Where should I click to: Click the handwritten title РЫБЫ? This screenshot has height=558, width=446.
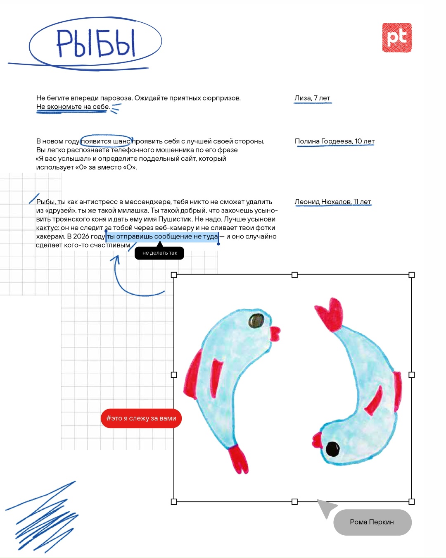click(96, 43)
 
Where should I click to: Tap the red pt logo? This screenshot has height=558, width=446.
click(397, 38)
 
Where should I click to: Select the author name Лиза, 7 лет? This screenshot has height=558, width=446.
click(312, 98)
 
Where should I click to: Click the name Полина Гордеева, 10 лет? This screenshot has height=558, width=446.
click(334, 141)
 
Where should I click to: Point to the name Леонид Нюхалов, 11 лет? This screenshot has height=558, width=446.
click(333, 202)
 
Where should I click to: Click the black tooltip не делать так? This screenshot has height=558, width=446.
click(159, 253)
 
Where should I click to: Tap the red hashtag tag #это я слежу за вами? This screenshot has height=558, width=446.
click(141, 418)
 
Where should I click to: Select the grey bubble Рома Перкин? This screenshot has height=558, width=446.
click(372, 522)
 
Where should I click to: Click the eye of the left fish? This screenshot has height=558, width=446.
click(256, 320)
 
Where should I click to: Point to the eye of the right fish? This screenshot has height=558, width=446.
click(332, 448)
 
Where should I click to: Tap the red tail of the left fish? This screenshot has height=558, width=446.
click(239, 459)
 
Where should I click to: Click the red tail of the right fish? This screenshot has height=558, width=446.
click(330, 313)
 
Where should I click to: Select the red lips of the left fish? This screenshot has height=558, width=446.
click(275, 333)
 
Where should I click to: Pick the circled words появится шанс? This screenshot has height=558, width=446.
click(106, 141)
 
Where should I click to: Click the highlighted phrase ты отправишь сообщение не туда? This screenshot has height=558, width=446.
click(162, 236)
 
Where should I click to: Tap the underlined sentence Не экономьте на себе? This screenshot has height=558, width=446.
click(73, 107)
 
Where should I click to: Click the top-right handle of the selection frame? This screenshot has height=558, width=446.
click(411, 275)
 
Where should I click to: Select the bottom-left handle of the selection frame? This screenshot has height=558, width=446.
click(174, 501)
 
